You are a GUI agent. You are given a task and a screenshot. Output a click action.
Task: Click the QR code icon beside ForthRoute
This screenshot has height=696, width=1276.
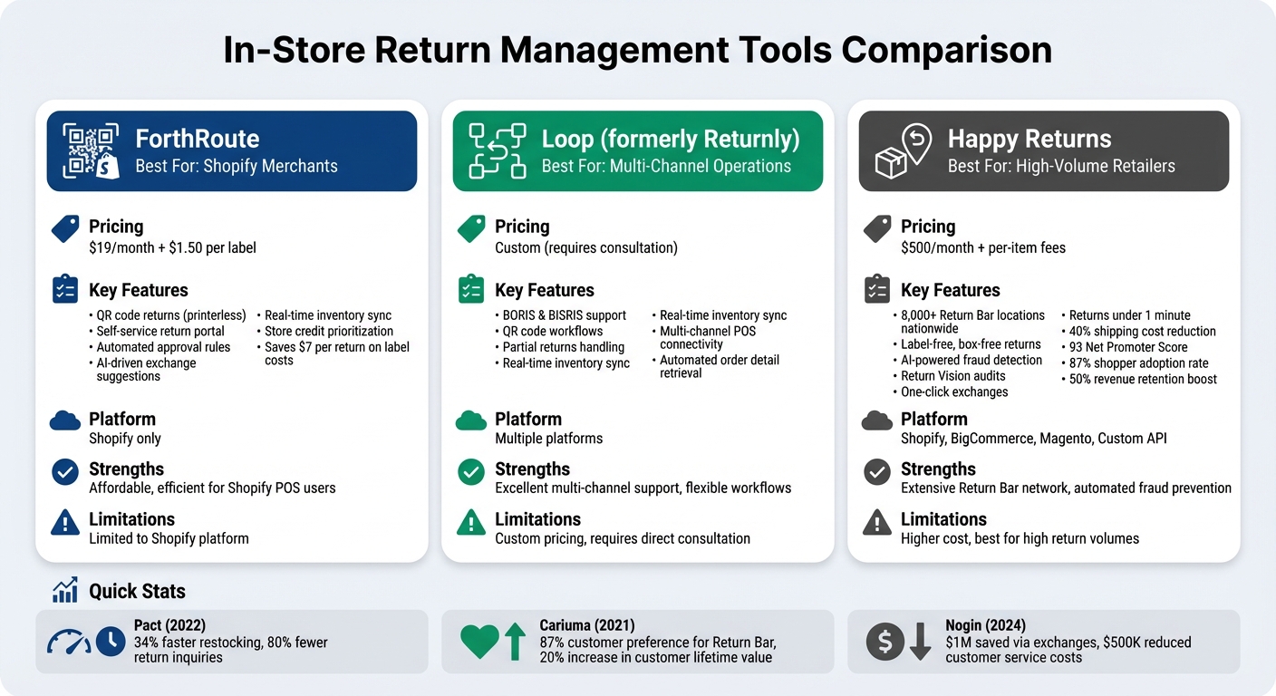(91, 151)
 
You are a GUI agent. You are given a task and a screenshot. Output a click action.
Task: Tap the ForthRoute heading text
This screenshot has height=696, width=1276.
(197, 139)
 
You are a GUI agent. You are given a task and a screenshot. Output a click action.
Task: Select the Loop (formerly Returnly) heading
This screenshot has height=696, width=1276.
(670, 139)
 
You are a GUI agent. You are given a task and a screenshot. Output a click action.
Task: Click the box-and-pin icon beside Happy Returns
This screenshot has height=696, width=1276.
(903, 151)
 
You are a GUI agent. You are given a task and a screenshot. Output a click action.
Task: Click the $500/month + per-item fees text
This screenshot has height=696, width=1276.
(982, 248)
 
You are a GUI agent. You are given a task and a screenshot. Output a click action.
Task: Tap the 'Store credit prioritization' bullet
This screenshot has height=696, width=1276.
(329, 332)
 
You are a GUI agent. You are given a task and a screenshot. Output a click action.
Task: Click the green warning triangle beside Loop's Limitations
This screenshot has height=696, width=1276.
(471, 523)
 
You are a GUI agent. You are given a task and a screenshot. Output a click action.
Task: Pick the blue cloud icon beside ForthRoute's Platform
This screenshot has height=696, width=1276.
(65, 420)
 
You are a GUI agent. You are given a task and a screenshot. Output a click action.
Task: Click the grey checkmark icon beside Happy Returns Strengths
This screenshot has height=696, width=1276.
(877, 472)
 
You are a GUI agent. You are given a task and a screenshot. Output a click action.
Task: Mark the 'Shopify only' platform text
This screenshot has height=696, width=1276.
(125, 439)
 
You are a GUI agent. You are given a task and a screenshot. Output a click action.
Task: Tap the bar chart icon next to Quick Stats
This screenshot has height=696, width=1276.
(65, 592)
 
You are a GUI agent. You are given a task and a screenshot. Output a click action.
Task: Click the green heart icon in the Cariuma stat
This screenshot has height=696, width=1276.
(479, 642)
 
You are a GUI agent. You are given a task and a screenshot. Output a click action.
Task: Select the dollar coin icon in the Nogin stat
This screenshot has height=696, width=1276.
(885, 642)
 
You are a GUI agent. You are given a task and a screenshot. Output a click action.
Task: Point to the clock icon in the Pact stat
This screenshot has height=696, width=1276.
(111, 642)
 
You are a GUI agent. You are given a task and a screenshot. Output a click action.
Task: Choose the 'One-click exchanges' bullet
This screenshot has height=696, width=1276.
(954, 392)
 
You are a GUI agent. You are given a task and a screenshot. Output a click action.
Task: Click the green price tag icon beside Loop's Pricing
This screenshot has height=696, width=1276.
(471, 229)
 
